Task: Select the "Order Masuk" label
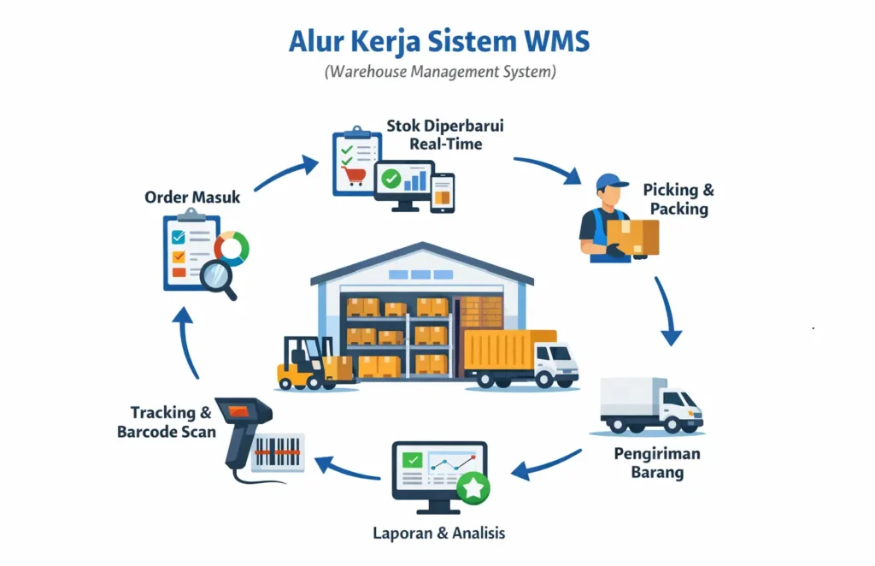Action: click(192, 198)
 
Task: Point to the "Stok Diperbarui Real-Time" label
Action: click(445, 135)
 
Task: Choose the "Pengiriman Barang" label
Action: click(649, 463)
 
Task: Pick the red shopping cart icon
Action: click(350, 175)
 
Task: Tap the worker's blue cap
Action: click(608, 181)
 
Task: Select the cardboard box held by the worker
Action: click(634, 236)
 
